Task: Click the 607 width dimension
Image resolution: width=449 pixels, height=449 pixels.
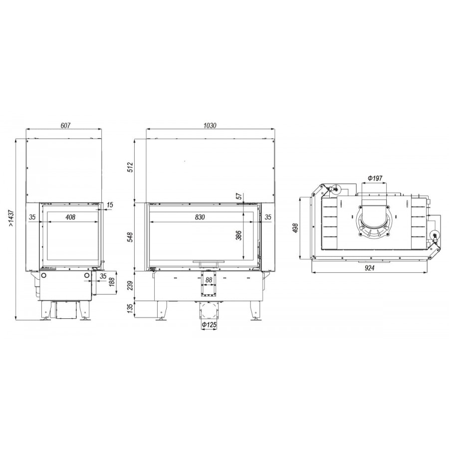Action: (x=65, y=125)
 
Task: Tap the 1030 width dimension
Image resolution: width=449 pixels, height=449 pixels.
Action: (x=210, y=125)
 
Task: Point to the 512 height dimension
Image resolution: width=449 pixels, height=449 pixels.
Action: (x=131, y=167)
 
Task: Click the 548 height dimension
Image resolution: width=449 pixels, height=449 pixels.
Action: (x=131, y=237)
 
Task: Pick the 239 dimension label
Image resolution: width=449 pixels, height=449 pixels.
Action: (x=131, y=285)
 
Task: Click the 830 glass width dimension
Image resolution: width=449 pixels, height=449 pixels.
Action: (x=200, y=217)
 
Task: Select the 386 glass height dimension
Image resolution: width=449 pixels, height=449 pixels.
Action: (x=239, y=235)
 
